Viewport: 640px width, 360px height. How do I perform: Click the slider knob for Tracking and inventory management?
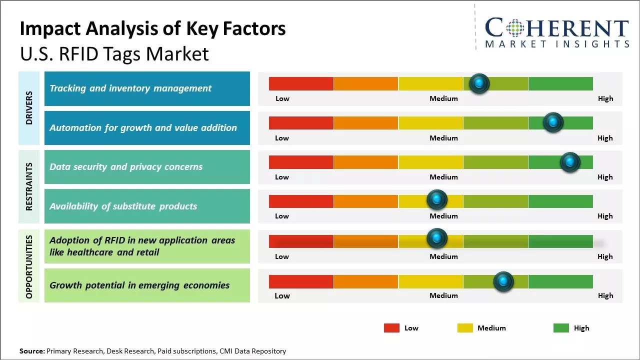(x=479, y=83)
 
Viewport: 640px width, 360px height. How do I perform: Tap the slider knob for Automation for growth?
(x=552, y=122)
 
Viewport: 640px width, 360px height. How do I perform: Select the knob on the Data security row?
(x=569, y=162)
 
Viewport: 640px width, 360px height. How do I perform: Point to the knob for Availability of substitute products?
(x=436, y=199)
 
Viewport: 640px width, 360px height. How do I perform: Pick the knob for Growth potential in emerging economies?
(x=503, y=281)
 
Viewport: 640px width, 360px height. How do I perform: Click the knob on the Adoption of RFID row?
(x=436, y=238)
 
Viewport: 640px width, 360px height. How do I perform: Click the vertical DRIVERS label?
(x=29, y=108)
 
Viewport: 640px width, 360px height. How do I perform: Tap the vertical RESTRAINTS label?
(x=29, y=186)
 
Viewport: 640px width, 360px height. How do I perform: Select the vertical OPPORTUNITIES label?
(x=29, y=266)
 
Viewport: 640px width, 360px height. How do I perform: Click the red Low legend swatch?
(x=391, y=328)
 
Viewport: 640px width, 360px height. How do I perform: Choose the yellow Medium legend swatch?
(x=465, y=328)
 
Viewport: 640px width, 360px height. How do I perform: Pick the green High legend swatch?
(x=561, y=328)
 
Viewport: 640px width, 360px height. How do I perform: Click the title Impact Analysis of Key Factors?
(x=152, y=29)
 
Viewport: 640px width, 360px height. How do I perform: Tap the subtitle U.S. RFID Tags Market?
(x=114, y=53)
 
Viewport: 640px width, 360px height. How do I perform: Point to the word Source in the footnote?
(x=31, y=351)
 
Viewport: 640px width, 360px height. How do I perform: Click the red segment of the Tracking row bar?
(x=301, y=83)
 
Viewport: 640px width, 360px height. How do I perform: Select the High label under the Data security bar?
(x=605, y=177)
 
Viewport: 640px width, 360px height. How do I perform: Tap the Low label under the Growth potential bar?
(x=282, y=295)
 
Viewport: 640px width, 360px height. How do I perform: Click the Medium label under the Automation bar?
(x=443, y=138)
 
